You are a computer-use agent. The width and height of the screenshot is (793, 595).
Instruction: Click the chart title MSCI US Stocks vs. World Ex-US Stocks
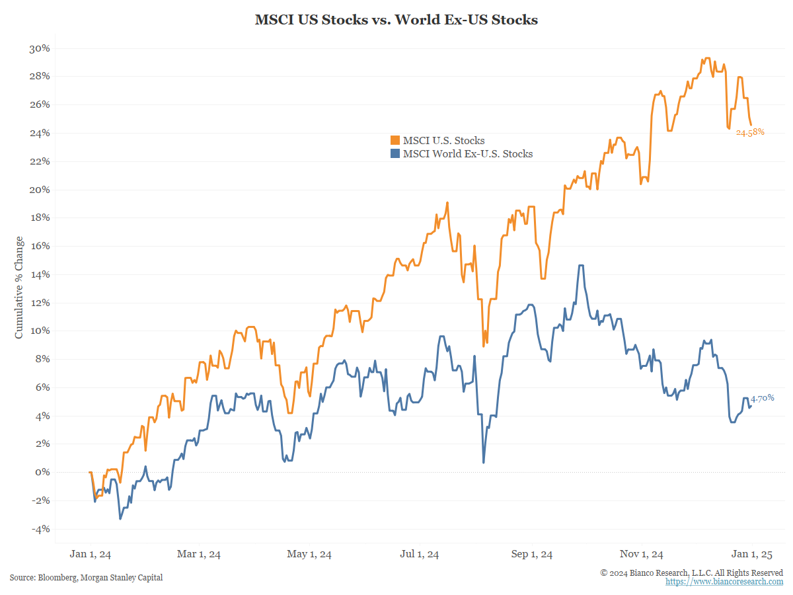[x=397, y=20]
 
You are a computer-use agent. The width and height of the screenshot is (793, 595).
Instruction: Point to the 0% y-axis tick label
[x=42, y=472]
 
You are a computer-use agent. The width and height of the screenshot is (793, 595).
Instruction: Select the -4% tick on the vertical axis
[x=40, y=529]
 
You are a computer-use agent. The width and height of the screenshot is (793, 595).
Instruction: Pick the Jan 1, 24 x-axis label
[x=91, y=554]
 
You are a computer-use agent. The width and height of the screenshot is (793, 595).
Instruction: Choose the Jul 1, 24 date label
[x=420, y=554]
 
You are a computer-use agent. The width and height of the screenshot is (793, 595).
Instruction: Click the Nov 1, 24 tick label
[x=642, y=554]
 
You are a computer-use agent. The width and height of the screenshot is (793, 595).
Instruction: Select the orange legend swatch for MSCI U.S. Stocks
[x=395, y=140]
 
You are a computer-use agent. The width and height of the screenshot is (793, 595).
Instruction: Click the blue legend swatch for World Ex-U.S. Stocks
[x=395, y=153]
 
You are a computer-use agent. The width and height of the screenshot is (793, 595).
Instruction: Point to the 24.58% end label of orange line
[x=750, y=132]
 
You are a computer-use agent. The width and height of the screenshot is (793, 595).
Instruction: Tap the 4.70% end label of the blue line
[x=762, y=398]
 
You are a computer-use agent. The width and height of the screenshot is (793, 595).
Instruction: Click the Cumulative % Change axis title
[x=19, y=288]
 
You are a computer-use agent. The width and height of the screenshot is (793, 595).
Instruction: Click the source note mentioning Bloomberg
[x=86, y=578]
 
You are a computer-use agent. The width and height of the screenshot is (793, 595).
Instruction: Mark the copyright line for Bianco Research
[x=691, y=573]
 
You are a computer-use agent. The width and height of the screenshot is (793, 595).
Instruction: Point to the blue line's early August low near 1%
[x=484, y=461]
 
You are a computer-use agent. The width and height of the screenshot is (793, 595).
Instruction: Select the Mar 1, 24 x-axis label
[x=199, y=554]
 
